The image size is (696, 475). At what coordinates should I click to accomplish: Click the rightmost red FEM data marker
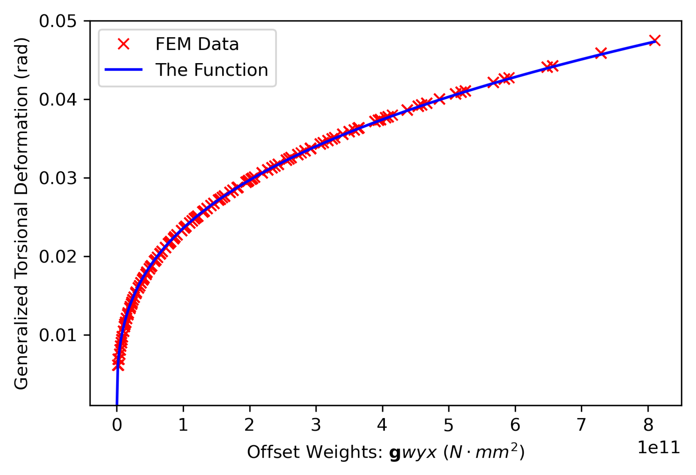pyautogui.click(x=655, y=40)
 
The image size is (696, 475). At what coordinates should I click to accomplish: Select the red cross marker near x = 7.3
pyautogui.click(x=601, y=53)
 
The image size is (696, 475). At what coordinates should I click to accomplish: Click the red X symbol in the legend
pyautogui.click(x=124, y=44)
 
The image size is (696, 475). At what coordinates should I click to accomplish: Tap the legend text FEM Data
pyautogui.click(x=197, y=44)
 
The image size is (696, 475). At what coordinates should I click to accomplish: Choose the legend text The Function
pyautogui.click(x=212, y=70)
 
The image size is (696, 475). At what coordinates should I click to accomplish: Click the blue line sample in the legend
pyautogui.click(x=124, y=70)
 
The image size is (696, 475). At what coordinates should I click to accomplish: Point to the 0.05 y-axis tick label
pyautogui.click(x=58, y=22)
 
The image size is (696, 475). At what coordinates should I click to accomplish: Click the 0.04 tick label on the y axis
pyautogui.click(x=58, y=100)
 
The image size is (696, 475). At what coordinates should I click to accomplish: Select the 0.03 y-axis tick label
pyautogui.click(x=58, y=178)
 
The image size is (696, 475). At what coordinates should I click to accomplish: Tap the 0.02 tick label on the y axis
pyautogui.click(x=58, y=257)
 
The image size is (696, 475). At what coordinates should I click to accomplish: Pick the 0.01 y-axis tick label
pyautogui.click(x=58, y=335)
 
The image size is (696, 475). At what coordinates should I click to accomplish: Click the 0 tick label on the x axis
pyautogui.click(x=117, y=425)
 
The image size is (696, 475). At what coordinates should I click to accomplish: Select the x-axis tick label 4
pyautogui.click(x=382, y=425)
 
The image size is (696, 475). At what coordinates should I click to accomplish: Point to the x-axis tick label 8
pyautogui.click(x=648, y=425)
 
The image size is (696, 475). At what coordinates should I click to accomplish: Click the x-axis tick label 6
pyautogui.click(x=515, y=425)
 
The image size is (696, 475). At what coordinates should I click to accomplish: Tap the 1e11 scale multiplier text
pyautogui.click(x=658, y=448)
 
